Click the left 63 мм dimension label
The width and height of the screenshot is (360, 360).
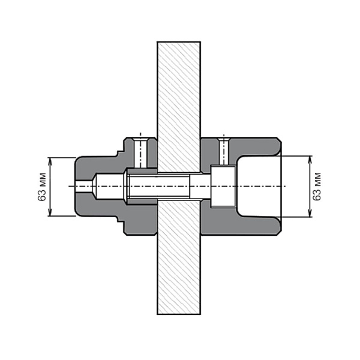click(42, 187)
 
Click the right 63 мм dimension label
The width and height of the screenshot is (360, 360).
click(317, 186)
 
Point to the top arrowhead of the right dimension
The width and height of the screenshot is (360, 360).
click(310, 160)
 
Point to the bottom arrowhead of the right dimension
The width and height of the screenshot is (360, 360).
click(310, 213)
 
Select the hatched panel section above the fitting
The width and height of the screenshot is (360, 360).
click(179, 107)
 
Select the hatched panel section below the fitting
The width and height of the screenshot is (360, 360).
click(179, 257)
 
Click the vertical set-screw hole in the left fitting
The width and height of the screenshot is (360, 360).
click(140, 152)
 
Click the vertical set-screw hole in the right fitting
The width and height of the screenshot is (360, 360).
click(224, 151)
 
